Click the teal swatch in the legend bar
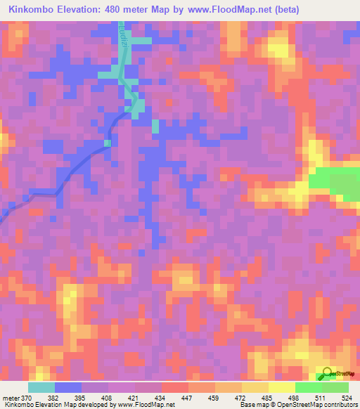coord(41,387)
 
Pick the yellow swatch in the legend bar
coord(281,387)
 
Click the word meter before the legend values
coord(10,397)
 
